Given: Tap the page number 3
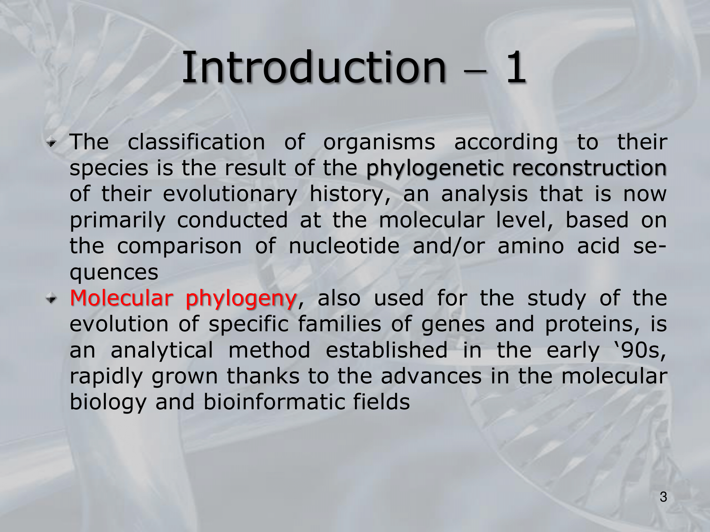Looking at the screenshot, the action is pos(663,497).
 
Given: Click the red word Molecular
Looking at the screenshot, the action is pos(121,298).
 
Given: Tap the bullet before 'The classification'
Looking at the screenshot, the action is pos(51,143).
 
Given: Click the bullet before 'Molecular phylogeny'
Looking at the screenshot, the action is pos(51,299).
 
